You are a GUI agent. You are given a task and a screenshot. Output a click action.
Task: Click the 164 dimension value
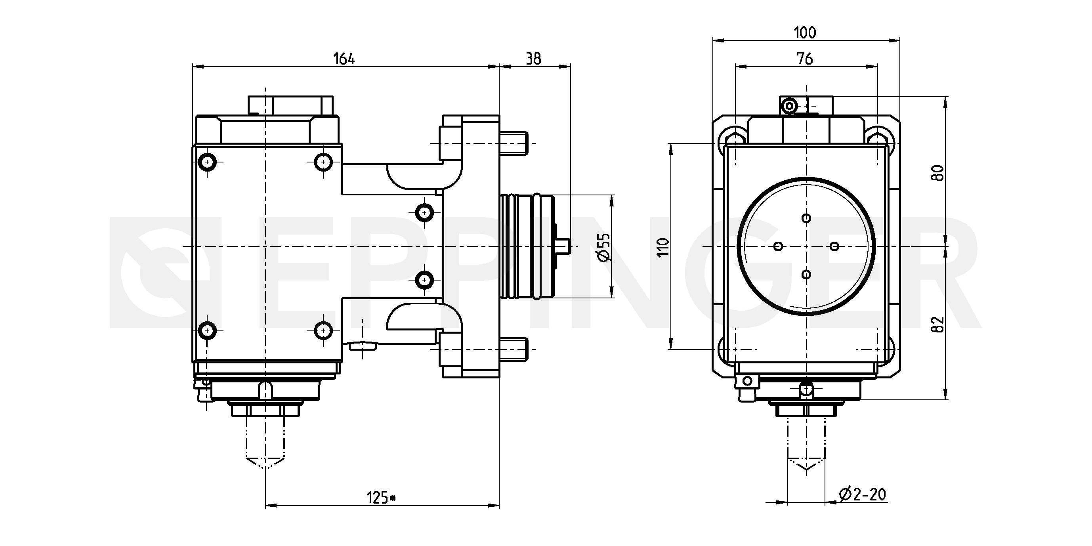(344, 59)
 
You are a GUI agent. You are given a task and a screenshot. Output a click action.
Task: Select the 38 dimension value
(533, 59)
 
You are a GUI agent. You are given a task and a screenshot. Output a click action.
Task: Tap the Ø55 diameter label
(603, 247)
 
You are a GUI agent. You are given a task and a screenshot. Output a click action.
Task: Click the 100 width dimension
(805, 32)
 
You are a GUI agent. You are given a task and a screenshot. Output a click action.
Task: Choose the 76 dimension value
(805, 59)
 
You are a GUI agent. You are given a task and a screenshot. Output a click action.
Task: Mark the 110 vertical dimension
(663, 247)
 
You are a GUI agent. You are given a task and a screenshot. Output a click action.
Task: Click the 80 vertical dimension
(938, 172)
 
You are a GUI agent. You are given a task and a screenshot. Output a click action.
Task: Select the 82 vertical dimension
(938, 324)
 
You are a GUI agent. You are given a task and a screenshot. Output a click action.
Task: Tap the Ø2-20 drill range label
(862, 494)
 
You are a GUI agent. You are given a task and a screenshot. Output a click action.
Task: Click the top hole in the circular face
(806, 218)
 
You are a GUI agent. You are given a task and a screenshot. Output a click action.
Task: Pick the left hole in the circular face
(778, 246)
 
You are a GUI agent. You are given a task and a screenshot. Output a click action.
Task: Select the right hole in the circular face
(834, 246)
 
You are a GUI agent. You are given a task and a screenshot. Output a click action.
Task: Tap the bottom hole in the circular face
(806, 275)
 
